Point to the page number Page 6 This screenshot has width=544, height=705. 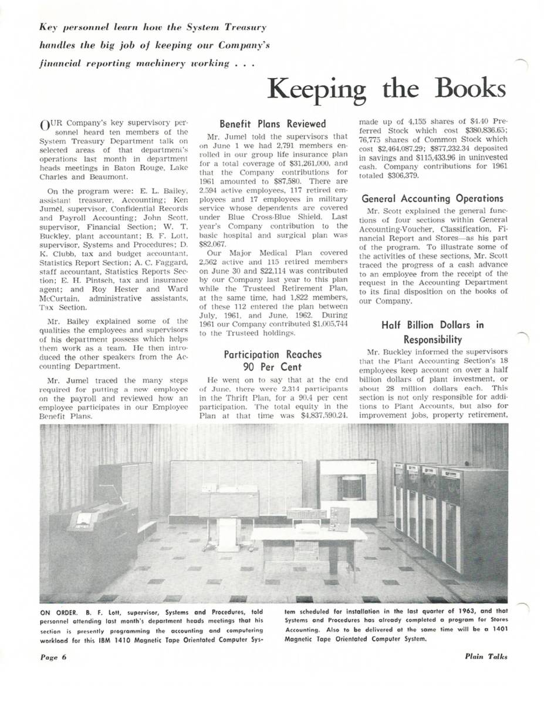click(54, 657)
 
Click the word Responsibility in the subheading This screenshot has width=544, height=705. click(434, 340)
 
